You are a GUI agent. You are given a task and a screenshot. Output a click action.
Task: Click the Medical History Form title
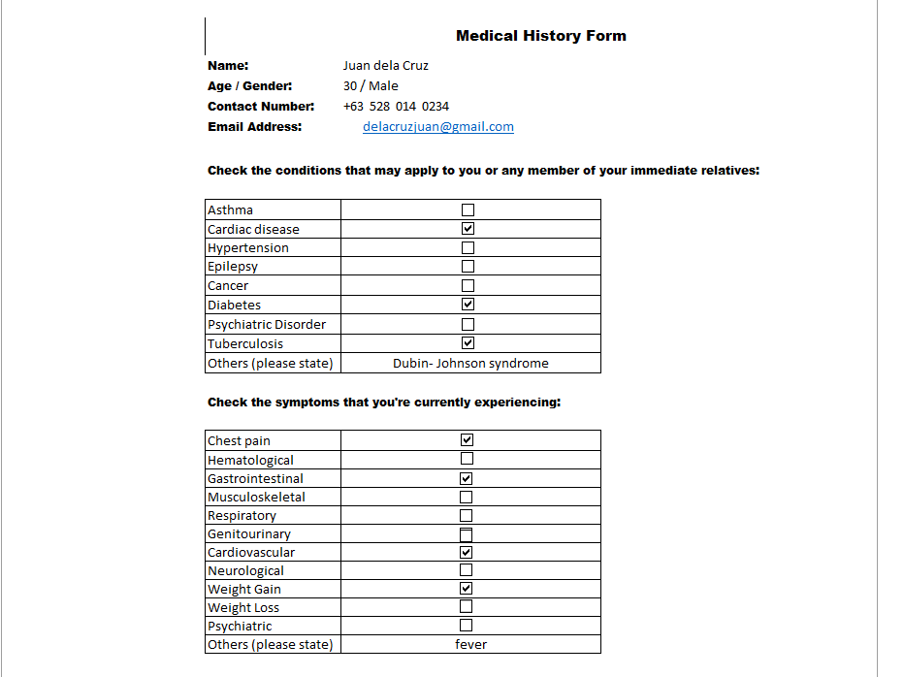540,36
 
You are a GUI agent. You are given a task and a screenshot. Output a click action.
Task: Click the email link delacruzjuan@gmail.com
438,127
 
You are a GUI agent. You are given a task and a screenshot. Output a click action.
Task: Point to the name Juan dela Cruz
385,66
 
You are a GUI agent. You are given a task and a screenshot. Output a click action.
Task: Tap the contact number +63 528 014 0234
396,107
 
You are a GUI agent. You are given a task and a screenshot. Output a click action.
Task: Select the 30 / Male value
371,86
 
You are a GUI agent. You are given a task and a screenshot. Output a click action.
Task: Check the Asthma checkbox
468,210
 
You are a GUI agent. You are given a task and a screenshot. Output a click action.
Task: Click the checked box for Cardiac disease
468,229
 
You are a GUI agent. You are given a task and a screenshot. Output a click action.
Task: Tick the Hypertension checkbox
468,248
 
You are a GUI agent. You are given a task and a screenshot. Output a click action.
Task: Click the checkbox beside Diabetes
468,305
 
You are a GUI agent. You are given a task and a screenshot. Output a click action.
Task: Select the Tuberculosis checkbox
468,343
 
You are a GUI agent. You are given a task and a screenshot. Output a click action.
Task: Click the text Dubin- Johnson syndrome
470,364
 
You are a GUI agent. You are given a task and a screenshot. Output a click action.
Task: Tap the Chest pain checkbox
467,440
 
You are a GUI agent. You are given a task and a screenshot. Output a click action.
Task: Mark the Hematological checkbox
467,459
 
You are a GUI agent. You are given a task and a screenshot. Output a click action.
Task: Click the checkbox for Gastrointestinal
467,478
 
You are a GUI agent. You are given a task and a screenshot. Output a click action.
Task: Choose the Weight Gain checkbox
467,589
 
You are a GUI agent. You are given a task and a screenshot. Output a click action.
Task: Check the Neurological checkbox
467,570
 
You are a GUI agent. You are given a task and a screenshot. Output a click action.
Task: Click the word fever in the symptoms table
470,645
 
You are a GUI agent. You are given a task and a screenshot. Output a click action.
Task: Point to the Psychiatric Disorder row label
267,325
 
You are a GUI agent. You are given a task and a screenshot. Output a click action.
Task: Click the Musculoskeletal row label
256,498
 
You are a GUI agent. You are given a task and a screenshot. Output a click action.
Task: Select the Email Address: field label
255,127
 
